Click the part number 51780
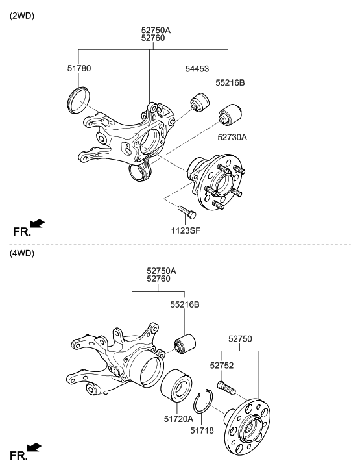79,68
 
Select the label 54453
197,68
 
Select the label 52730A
232,137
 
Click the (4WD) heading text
21,253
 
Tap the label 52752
222,366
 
